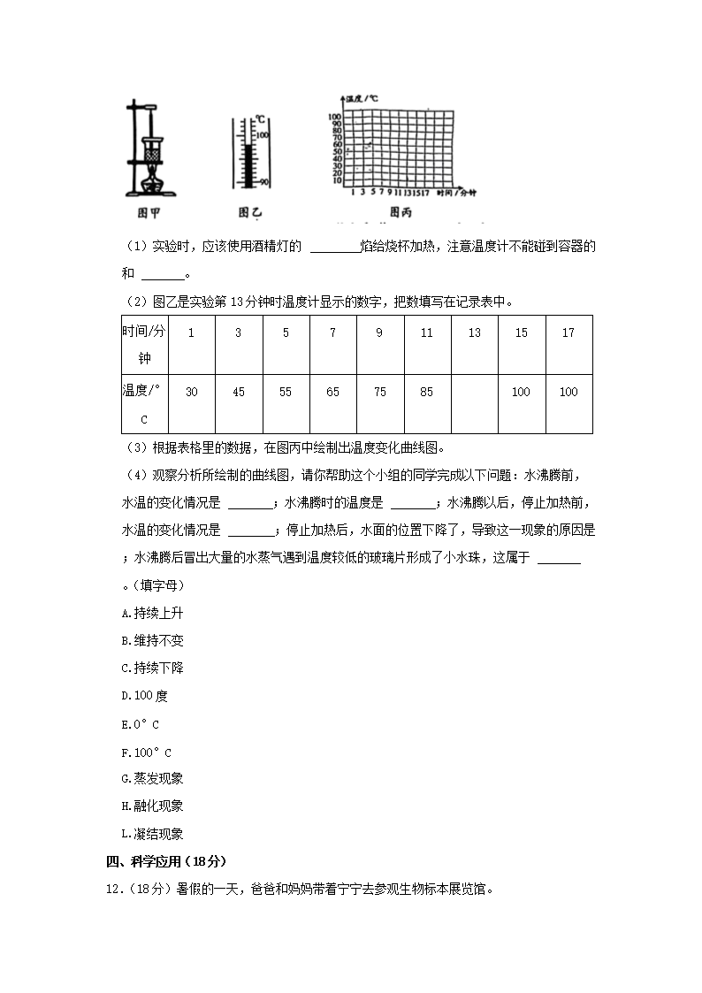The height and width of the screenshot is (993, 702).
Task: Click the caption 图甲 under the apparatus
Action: (x=149, y=213)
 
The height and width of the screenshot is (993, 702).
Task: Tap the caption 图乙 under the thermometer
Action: (x=250, y=213)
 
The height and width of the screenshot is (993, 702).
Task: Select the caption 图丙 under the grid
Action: (x=401, y=213)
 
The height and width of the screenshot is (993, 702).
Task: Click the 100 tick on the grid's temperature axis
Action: (x=335, y=117)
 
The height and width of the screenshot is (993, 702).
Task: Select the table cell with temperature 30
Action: (x=191, y=392)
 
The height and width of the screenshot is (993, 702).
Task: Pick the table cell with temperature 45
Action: (x=238, y=392)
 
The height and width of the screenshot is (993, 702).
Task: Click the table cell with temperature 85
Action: (x=427, y=392)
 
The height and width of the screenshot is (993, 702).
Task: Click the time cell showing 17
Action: (x=568, y=332)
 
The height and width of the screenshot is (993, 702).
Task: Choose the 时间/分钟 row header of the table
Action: (x=143, y=344)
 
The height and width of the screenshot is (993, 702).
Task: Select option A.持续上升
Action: (x=152, y=613)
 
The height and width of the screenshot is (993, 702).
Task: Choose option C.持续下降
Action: (x=152, y=668)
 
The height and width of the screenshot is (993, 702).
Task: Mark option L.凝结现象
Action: (x=152, y=833)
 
